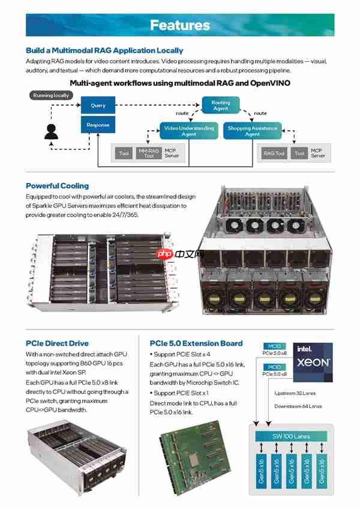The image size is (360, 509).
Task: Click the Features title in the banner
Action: [180, 25]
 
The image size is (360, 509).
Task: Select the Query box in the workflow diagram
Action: [98, 106]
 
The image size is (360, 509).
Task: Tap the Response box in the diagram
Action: [98, 125]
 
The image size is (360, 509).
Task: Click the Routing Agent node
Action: [221, 106]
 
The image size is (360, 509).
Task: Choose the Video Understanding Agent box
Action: [188, 131]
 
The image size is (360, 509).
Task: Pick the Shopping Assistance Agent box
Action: [252, 131]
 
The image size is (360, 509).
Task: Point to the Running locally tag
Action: [51, 95]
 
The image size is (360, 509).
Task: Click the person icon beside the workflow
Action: [51, 130]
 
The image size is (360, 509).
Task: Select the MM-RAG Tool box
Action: [149, 154]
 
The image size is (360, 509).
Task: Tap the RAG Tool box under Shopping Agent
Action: [274, 154]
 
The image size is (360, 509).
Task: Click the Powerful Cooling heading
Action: [57, 185]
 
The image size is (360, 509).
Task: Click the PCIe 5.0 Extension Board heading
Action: [196, 343]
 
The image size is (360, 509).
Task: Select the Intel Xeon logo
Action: [313, 363]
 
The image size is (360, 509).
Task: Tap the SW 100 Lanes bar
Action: [290, 436]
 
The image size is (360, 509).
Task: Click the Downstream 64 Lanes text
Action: [298, 406]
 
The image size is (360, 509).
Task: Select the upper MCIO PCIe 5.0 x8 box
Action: [274, 351]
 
